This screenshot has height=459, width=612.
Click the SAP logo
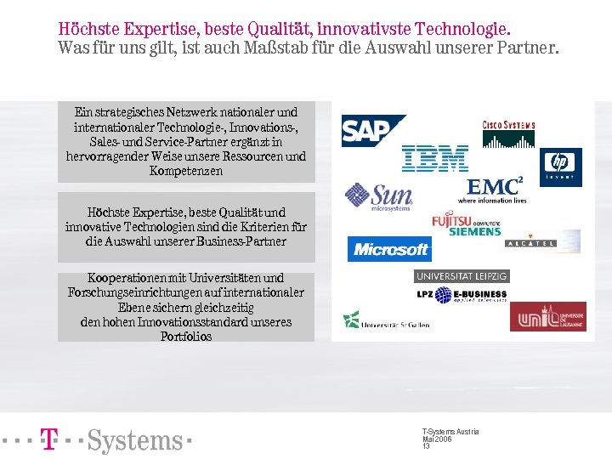coord(372,131)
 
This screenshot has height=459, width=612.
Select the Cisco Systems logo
coord(508,132)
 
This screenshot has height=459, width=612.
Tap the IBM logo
coord(435,159)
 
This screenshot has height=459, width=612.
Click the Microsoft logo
coord(390,249)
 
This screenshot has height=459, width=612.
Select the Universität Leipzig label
coord(462,276)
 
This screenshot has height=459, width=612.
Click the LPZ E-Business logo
coord(461,295)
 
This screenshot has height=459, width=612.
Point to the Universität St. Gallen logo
coord(384,321)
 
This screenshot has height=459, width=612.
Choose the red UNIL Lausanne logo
coord(547,316)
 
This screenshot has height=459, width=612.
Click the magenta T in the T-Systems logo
coord(49,439)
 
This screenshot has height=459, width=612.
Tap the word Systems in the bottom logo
coord(135,441)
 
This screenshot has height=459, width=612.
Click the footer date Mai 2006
coord(437,439)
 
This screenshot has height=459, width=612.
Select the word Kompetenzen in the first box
coord(186,171)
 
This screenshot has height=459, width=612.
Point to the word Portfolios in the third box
coord(186,337)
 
